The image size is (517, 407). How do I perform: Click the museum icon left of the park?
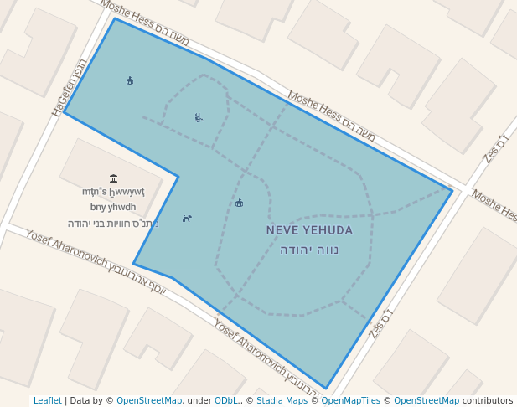tap(113, 178)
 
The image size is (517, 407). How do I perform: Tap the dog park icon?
tap(187, 219)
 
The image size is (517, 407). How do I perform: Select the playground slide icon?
tap(199, 117)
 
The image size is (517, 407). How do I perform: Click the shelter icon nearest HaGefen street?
tap(130, 81)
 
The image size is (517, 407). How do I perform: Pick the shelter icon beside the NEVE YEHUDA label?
tap(240, 203)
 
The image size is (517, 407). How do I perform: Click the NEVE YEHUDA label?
tap(309, 230)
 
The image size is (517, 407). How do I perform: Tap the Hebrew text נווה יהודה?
tap(309, 250)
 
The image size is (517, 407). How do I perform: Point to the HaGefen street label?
tap(69, 87)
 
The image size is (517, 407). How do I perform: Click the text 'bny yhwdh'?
tap(113, 207)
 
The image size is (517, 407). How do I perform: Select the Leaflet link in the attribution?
tap(47, 401)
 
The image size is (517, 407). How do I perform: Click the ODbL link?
tap(226, 401)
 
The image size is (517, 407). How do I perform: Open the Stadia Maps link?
tap(282, 401)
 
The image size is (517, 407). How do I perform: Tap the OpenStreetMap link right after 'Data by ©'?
tap(149, 401)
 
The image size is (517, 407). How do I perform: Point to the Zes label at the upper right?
tap(496, 148)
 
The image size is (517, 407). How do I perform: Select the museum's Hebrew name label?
tap(113, 224)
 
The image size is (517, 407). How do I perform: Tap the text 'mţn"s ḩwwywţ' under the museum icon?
tap(113, 193)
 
